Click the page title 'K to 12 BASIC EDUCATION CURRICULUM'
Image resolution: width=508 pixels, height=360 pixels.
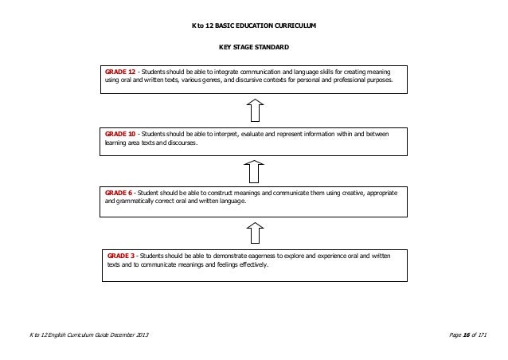point(253,25)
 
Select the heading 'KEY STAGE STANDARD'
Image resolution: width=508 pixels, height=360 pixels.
point(253,48)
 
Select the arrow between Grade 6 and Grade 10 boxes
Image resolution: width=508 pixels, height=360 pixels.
point(253,170)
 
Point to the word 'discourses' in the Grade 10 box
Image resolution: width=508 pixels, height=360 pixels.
point(178,143)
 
